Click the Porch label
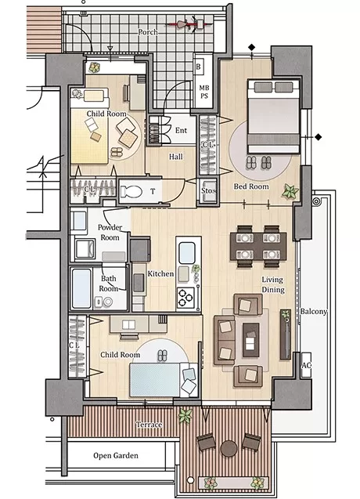[x=148, y=32]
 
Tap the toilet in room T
[x=131, y=192]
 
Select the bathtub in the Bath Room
[x=81, y=288]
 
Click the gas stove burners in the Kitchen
[x=185, y=298]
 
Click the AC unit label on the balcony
[x=306, y=365]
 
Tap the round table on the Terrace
[x=229, y=449]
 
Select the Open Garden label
[x=116, y=455]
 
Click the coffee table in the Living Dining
[x=250, y=340]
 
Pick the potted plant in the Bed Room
[x=290, y=192]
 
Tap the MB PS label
[x=203, y=92]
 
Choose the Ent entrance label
[x=181, y=130]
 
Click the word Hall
[x=176, y=157]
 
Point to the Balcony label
[x=314, y=311]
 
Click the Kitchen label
[x=160, y=273]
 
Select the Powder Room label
[x=110, y=233]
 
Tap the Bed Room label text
[x=251, y=186]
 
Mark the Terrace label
[x=149, y=425]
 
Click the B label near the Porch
[x=199, y=67]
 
